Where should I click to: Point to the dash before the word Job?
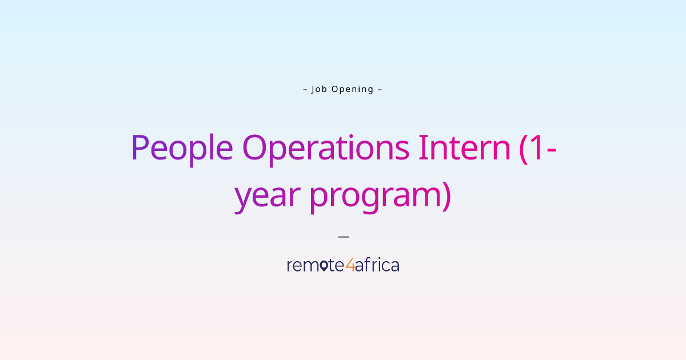click(x=305, y=89)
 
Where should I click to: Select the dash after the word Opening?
click(x=380, y=89)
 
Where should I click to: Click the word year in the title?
click(x=267, y=195)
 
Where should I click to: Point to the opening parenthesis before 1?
click(x=524, y=148)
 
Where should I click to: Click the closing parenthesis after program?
click(x=445, y=197)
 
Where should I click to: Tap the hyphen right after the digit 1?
click(x=552, y=150)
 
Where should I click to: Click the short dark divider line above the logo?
click(x=343, y=235)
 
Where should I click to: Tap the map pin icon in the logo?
click(x=324, y=266)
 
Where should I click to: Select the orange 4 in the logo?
click(x=350, y=266)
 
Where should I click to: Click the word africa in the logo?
click(x=377, y=265)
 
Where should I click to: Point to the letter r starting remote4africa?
click(x=290, y=266)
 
